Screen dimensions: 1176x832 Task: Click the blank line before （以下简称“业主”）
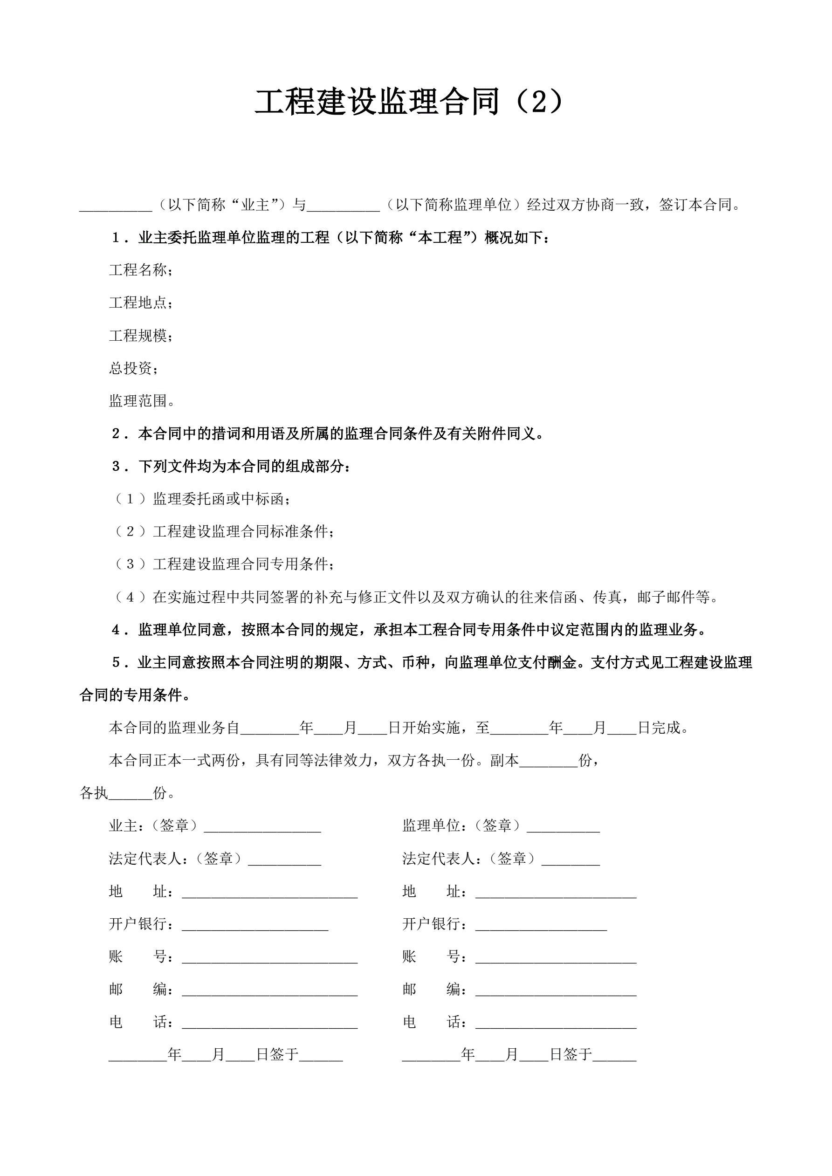coord(116,207)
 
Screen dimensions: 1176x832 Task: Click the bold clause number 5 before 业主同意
coord(117,663)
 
